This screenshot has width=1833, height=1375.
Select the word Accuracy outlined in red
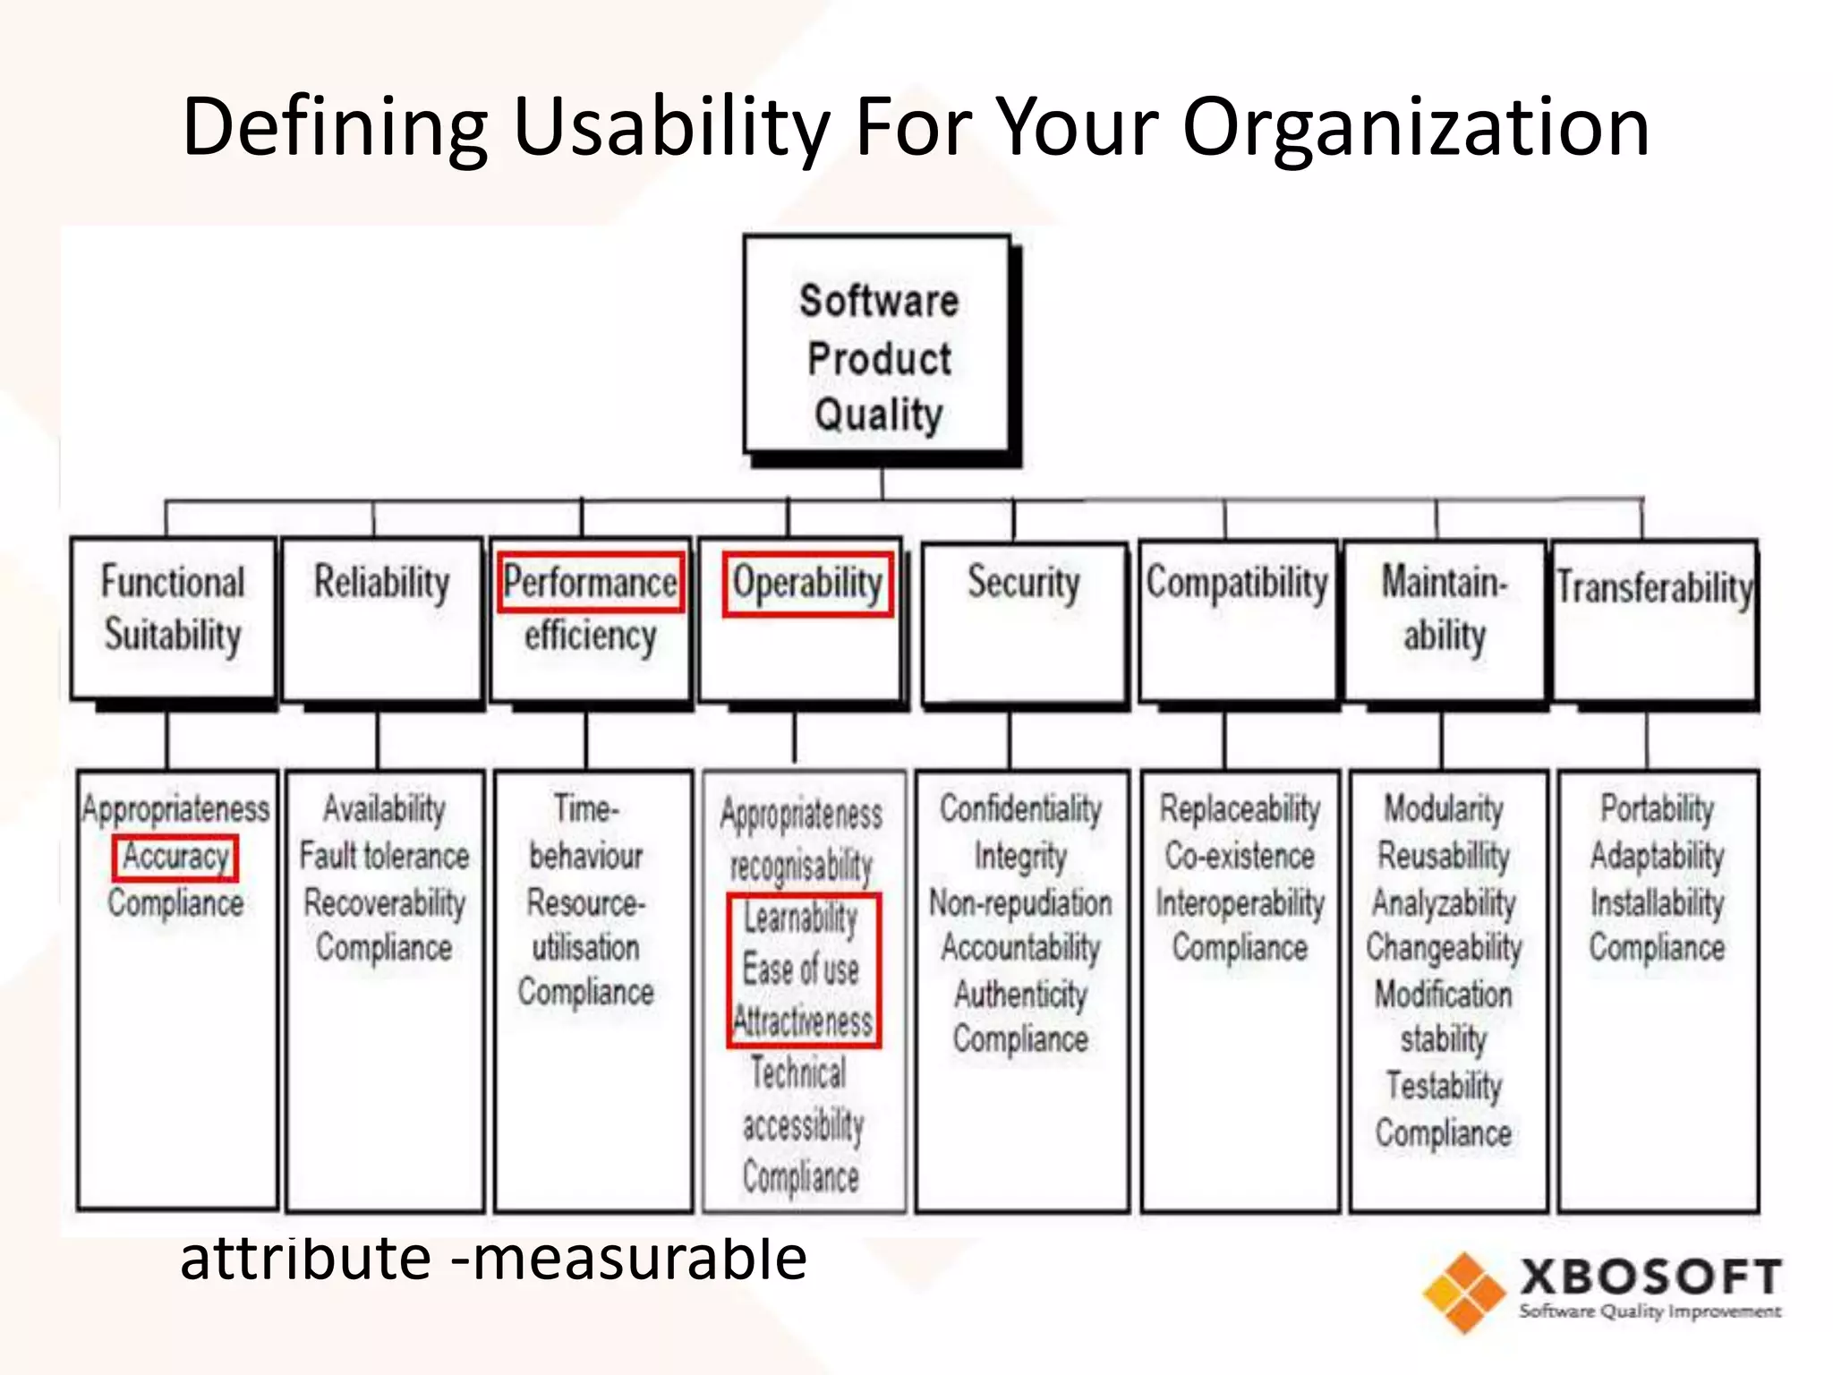pos(175,857)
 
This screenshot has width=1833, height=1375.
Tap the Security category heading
pos(1023,583)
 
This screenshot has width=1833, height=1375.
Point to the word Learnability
pos(801,918)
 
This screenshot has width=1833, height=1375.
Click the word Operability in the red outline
pos(807,584)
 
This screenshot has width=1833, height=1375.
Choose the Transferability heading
pos(1654,588)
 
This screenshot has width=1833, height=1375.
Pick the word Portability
pos(1657,808)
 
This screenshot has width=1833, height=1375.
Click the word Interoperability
pos(1240,902)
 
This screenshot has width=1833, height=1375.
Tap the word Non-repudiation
pos(1020,902)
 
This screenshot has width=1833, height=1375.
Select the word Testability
pos(1444,1086)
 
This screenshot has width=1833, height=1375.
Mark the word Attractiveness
pos(803,1021)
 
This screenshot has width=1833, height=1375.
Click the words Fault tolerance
pos(384,856)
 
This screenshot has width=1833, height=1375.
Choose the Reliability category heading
pos(381,583)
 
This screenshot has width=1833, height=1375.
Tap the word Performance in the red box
pos(590,583)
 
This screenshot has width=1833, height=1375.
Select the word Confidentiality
pos(1020,808)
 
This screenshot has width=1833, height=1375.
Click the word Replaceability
pos(1240,808)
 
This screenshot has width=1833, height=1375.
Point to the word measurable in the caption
pos(639,1259)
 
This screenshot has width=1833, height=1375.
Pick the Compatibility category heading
pos(1237,583)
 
